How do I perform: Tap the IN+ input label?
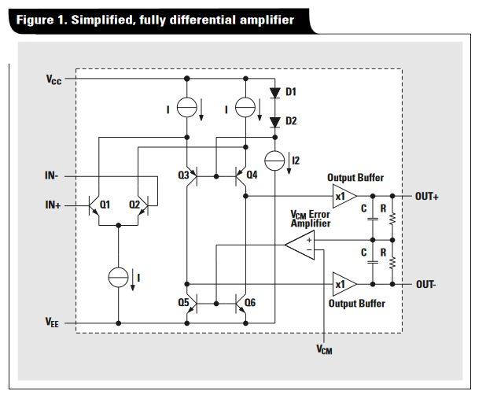click(x=54, y=205)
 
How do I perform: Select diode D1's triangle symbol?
click(x=275, y=93)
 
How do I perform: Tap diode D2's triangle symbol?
click(x=275, y=121)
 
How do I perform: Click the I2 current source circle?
click(x=275, y=160)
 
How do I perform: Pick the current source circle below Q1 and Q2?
click(x=119, y=277)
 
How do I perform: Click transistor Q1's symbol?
click(x=99, y=206)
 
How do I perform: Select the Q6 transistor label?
click(x=252, y=302)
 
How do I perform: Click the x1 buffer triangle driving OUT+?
click(x=344, y=196)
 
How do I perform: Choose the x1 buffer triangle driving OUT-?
click(x=344, y=283)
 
